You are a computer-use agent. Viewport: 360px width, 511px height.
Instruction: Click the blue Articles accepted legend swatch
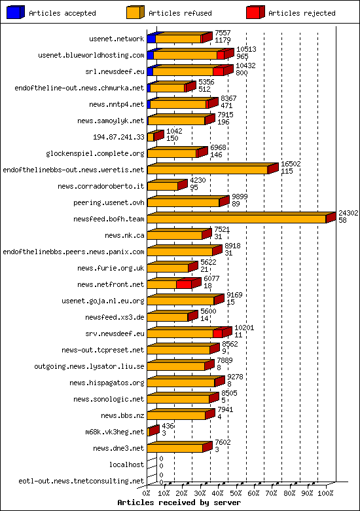pyautogui.click(x=16, y=12)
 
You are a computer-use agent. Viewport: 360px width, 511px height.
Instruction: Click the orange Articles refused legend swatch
pyautogui.click(x=135, y=12)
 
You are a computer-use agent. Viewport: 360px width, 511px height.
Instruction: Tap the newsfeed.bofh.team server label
pyautogui.click(x=109, y=219)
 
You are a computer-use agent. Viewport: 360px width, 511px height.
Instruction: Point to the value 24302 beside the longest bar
pyautogui.click(x=348, y=213)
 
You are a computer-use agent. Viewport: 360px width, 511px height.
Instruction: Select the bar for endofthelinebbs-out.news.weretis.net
pyautogui.click(x=208, y=169)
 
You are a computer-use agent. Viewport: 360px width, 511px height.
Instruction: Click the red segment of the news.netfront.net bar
pyautogui.click(x=184, y=284)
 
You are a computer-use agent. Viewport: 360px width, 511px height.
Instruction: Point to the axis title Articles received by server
pyautogui.click(x=179, y=502)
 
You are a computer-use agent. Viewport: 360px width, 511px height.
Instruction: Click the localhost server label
pyautogui.click(x=126, y=464)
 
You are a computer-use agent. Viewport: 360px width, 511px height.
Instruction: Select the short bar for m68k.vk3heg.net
pyautogui.click(x=153, y=431)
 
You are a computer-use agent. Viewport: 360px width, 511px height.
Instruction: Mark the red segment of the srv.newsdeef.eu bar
pyautogui.click(x=219, y=333)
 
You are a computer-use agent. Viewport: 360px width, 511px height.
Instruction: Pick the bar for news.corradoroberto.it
pyautogui.click(x=164, y=186)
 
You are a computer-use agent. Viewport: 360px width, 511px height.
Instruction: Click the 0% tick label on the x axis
pyautogui.click(x=147, y=493)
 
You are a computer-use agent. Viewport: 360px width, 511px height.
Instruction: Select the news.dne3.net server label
pyautogui.click(x=118, y=448)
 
